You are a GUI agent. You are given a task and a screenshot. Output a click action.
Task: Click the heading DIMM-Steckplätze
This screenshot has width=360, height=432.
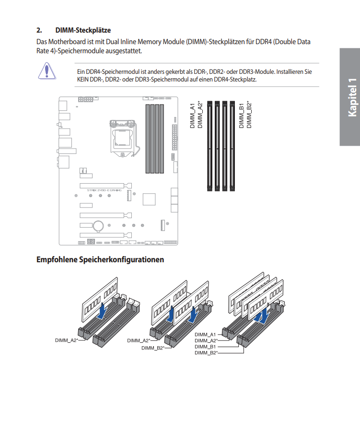(83, 30)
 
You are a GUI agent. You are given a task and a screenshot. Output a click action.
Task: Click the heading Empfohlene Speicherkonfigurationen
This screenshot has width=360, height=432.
(100, 260)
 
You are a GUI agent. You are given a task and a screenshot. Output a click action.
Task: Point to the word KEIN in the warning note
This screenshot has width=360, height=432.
(84, 79)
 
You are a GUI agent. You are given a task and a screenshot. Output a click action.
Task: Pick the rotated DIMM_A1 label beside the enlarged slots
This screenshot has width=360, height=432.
(192, 115)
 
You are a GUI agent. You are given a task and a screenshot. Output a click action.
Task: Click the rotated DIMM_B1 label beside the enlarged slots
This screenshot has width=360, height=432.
(242, 115)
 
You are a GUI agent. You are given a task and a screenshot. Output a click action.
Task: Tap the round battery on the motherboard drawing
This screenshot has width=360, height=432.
(99, 225)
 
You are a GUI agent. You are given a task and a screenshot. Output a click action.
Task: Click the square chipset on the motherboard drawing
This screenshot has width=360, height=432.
(150, 199)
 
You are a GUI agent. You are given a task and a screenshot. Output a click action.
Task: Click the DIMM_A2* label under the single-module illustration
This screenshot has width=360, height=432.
(66, 340)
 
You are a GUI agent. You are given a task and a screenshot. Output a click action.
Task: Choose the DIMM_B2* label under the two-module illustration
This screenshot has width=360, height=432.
(152, 348)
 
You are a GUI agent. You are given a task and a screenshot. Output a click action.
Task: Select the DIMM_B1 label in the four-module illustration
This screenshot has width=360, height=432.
(205, 346)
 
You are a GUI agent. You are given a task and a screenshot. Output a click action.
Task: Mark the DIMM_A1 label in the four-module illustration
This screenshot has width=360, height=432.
(205, 334)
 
